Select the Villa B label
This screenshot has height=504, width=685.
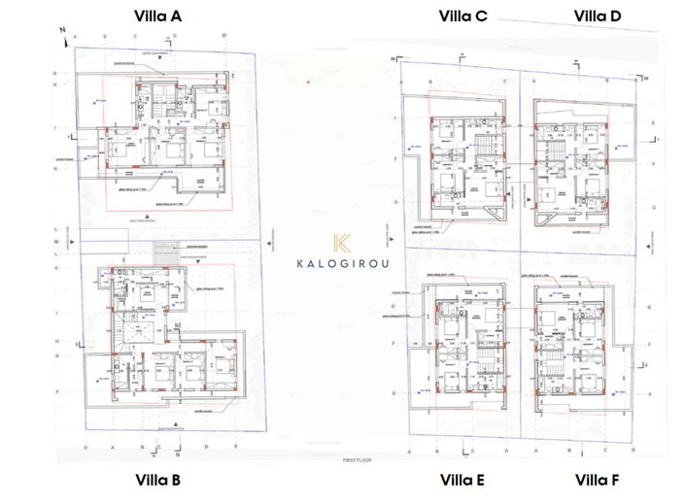click(157, 480)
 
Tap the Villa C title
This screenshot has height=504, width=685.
click(462, 16)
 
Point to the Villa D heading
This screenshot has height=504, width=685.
click(598, 16)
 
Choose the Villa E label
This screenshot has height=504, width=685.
click(462, 479)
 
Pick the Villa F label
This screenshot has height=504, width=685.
click(598, 479)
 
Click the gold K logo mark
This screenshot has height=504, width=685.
click(341, 243)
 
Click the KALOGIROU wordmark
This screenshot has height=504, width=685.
click(341, 262)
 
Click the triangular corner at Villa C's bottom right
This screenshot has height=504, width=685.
click(500, 213)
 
